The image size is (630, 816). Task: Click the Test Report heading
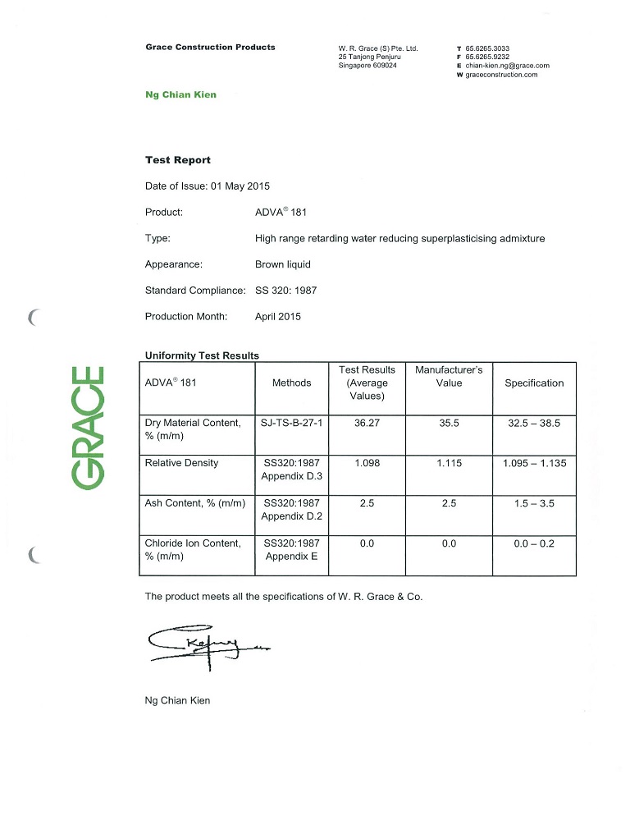click(x=178, y=160)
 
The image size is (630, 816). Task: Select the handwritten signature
click(x=201, y=649)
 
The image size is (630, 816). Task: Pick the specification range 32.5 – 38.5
click(x=534, y=423)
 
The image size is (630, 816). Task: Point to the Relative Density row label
click(x=181, y=463)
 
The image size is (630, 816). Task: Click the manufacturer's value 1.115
click(x=449, y=463)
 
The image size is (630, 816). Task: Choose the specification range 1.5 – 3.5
click(x=534, y=503)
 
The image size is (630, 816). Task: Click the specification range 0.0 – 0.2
click(x=534, y=543)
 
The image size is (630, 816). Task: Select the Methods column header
click(x=291, y=383)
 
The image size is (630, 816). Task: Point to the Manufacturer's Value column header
click(x=449, y=376)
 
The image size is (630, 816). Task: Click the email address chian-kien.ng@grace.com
click(x=507, y=66)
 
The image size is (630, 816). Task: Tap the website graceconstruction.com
click(x=501, y=75)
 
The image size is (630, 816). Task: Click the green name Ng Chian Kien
click(x=180, y=94)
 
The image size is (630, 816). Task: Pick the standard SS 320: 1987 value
click(x=285, y=290)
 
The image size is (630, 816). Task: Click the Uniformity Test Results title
click(x=202, y=355)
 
